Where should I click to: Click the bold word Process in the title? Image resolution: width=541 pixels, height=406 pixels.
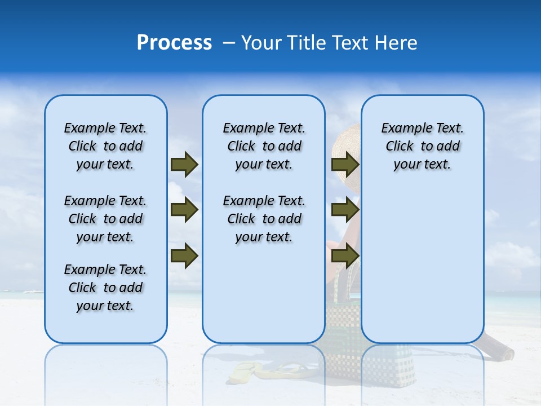tap(174, 43)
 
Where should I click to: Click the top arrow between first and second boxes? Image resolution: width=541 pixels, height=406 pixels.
tap(184, 164)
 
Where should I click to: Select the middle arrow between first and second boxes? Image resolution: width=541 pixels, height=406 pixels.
tap(184, 210)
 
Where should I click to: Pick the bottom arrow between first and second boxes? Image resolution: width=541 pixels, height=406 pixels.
tap(184, 255)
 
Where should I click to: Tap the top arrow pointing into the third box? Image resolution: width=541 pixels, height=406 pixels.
tap(345, 164)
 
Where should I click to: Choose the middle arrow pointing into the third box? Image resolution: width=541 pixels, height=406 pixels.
tap(345, 210)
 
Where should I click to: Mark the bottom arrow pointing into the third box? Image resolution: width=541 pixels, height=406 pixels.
tap(345, 255)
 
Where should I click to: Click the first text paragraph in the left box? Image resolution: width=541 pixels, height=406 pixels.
tap(105, 146)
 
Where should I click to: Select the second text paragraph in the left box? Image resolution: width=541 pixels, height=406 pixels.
tap(105, 219)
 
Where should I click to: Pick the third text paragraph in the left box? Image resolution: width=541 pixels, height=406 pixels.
tap(105, 288)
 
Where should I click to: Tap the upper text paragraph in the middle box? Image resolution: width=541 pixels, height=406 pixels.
tap(264, 146)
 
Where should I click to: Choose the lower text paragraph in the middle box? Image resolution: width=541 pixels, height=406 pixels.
tap(264, 219)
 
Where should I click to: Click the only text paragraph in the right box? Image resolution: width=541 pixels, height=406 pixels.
tap(423, 146)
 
